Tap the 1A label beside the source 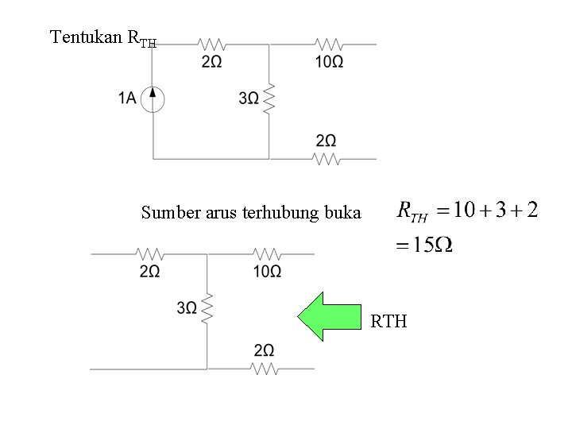[127, 98]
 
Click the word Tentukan [86, 37]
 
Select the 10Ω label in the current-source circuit [329, 62]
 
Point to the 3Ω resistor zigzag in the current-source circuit [269, 99]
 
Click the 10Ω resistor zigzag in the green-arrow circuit [267, 253]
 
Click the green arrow [329, 317]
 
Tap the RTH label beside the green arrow [388, 322]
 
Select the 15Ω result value [433, 245]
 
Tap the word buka [343, 212]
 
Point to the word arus [221, 214]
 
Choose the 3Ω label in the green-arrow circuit [187, 308]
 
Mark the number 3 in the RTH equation [500, 211]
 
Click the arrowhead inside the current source [153, 93]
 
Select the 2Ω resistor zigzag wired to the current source [212, 44]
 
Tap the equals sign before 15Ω [402, 245]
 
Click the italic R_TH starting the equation [412, 212]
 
